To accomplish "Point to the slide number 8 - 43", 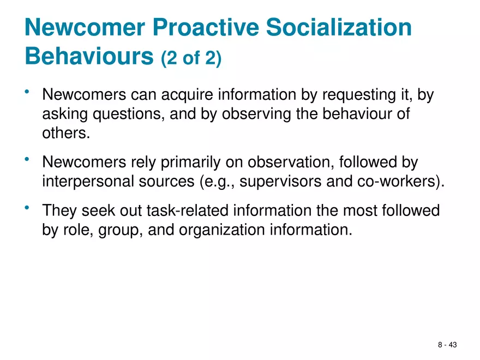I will (448, 345).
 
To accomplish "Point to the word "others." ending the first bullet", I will (65, 133).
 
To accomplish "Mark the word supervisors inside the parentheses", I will (283, 182).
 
